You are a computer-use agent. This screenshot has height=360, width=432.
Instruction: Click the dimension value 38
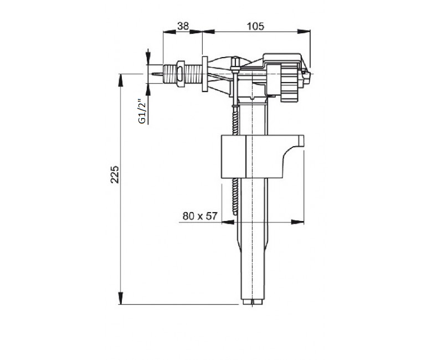tap(183, 26)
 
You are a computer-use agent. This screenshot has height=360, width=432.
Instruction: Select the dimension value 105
tap(255, 26)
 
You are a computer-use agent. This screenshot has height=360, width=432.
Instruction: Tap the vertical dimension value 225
tap(115, 174)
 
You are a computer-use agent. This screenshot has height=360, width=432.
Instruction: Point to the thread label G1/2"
tap(142, 111)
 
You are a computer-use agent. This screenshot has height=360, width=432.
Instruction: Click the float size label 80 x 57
tap(200, 216)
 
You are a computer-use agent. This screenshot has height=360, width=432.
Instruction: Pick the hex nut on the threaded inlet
tap(180, 74)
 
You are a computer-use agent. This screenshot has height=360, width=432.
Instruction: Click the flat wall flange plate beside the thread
tap(205, 74)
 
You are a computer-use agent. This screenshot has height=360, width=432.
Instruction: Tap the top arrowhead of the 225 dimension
tap(120, 80)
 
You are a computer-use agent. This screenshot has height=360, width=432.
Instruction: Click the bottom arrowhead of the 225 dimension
tap(120, 298)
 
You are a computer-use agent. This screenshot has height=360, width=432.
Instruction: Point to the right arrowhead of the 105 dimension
tap(304, 32)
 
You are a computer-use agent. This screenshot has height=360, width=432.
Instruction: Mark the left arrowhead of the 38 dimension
tap(169, 32)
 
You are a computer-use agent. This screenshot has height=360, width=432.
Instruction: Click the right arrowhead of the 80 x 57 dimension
tap(297, 222)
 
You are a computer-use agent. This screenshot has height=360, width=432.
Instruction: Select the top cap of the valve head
tap(281, 58)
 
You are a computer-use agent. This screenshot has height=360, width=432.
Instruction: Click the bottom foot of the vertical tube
tap(253, 302)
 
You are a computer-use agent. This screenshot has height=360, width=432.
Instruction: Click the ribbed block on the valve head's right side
tap(289, 83)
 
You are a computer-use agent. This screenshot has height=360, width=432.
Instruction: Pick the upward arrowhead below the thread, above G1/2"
tap(148, 90)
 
